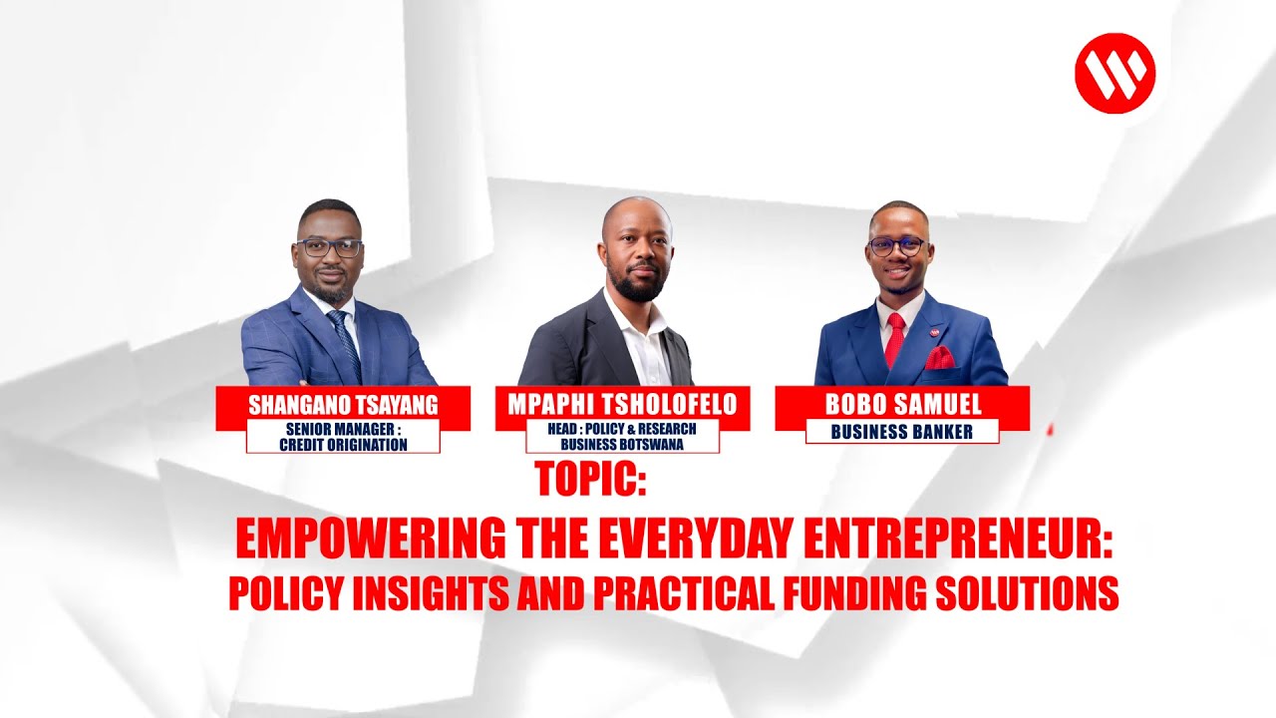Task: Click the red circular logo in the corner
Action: point(1115,73)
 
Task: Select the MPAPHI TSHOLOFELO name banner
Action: point(622,404)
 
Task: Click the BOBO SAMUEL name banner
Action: point(903,405)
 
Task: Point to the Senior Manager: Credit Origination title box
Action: point(343,437)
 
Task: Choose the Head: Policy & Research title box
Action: point(622,437)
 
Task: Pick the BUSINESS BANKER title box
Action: point(901,432)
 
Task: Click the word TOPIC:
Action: point(591,480)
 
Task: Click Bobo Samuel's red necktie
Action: point(894,340)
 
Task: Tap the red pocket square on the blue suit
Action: point(939,359)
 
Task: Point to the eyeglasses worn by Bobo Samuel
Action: point(897,245)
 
